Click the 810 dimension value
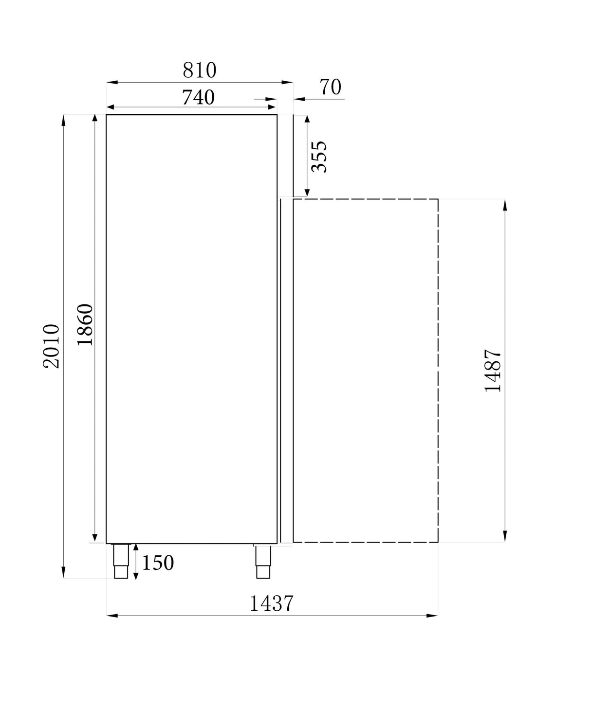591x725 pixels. pyautogui.click(x=200, y=71)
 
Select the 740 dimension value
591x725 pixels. pyautogui.click(x=198, y=98)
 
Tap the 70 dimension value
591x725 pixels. pyautogui.click(x=331, y=88)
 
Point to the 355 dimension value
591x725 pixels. pyautogui.click(x=319, y=157)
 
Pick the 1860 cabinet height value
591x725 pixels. pyautogui.click(x=85, y=324)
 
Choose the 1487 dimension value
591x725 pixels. pyautogui.click(x=493, y=371)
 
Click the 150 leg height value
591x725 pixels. pyautogui.click(x=158, y=563)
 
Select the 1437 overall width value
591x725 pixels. pyautogui.click(x=272, y=603)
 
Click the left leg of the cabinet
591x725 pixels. pyautogui.click(x=121, y=561)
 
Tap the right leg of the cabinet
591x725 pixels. pyautogui.click(x=263, y=561)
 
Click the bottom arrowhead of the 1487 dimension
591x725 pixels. pyautogui.click(x=505, y=536)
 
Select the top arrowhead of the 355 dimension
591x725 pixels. pyautogui.click(x=307, y=120)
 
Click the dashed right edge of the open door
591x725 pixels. pyautogui.click(x=438, y=370)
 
